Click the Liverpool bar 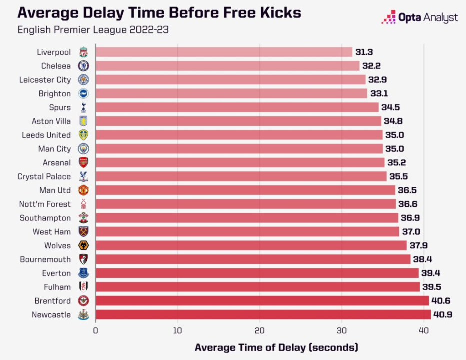point(224,52)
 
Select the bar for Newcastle point(263,315)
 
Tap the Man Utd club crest point(83,190)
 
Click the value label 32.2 point(371,66)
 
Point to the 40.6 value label point(440,301)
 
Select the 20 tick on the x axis point(260,330)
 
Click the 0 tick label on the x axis point(96,330)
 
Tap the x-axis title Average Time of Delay point(276,347)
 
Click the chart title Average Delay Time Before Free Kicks point(159,12)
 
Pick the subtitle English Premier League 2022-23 point(93,30)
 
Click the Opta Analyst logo point(419,18)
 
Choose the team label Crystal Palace point(44,176)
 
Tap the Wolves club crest point(83,245)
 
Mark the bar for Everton point(257,273)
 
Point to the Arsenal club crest point(83,162)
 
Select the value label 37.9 point(418,245)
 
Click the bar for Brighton point(231,93)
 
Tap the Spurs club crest point(83,107)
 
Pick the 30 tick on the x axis point(342,330)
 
